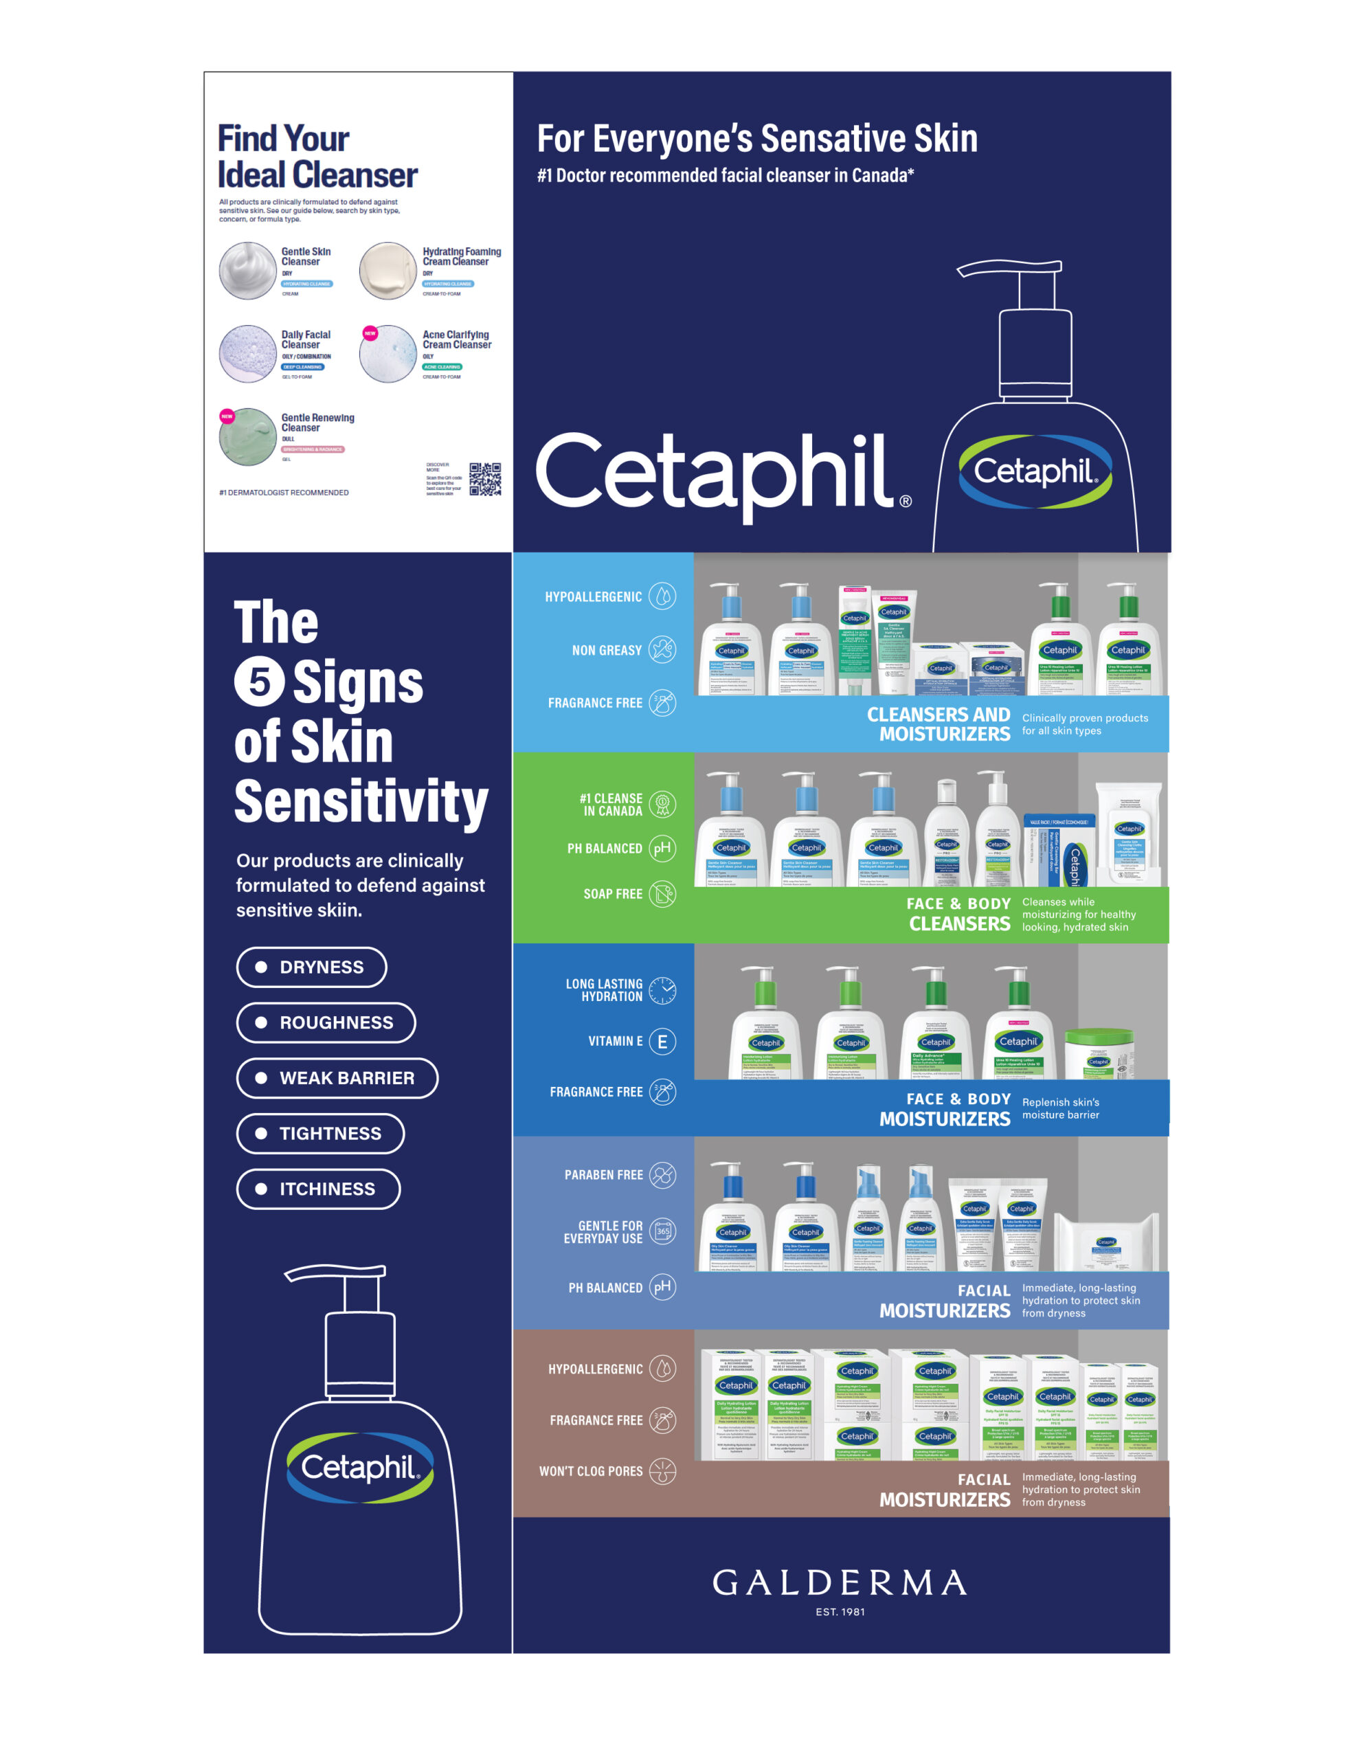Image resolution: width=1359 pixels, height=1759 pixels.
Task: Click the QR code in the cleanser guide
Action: click(x=485, y=478)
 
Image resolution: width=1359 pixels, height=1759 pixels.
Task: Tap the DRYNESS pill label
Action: click(x=311, y=967)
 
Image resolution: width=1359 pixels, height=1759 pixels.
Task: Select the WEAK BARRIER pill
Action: click(x=337, y=1077)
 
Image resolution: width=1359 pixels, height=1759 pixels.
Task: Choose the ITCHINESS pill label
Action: click(x=318, y=1189)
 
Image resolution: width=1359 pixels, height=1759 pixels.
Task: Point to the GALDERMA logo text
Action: click(x=840, y=1582)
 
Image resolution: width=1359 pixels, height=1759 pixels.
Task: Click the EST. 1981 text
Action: click(x=840, y=1611)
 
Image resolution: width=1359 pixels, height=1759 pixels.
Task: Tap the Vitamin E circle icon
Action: click(x=662, y=1042)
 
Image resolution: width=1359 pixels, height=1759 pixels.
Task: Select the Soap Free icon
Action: click(x=662, y=894)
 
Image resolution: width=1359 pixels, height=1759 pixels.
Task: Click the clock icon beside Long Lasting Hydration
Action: click(x=662, y=990)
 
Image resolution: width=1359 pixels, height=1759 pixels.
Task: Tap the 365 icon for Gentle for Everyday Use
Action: click(x=662, y=1231)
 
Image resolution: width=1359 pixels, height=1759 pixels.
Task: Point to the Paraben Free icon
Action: click(x=662, y=1175)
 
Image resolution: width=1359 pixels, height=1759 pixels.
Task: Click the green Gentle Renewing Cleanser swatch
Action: click(x=248, y=436)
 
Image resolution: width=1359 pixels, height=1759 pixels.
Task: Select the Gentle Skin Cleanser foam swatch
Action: click(x=248, y=271)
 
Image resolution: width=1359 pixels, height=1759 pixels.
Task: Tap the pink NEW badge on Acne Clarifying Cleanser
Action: click(x=370, y=333)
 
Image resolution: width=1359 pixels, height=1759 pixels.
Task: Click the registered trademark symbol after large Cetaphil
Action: click(x=906, y=501)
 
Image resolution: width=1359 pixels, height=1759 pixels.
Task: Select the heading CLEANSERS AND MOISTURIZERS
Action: click(x=938, y=724)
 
